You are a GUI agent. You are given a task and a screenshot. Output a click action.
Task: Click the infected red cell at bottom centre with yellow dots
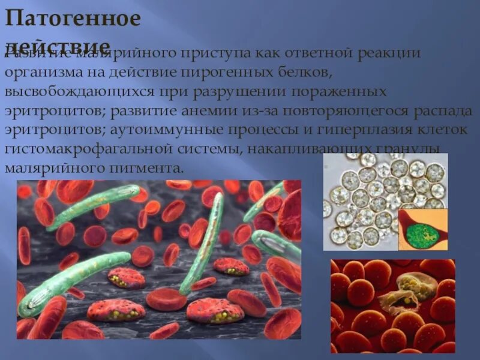coord(214,310)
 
